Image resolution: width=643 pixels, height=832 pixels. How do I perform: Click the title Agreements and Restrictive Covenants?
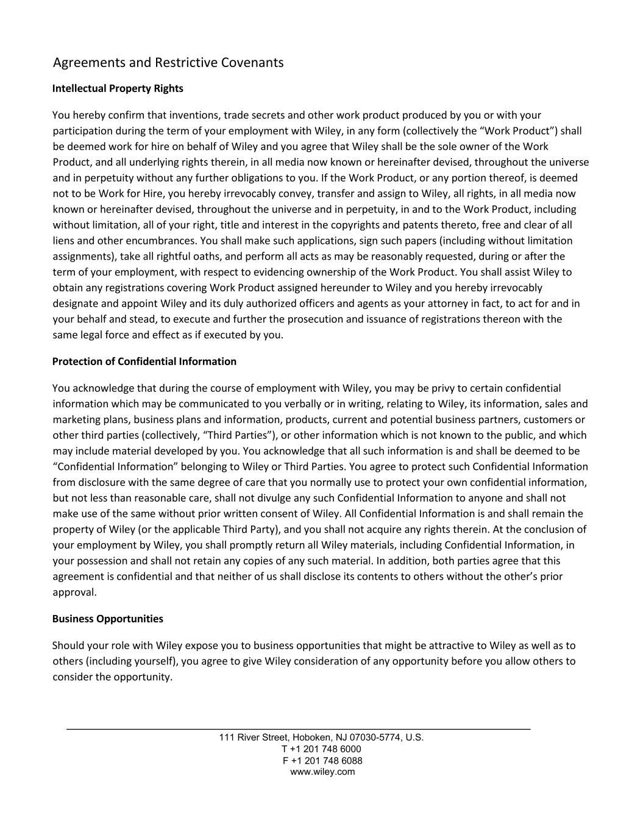(168, 63)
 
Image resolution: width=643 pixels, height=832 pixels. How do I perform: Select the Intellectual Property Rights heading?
(118, 88)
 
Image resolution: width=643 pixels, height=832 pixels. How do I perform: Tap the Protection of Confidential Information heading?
(144, 361)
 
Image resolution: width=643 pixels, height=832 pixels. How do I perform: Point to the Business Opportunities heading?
(108, 619)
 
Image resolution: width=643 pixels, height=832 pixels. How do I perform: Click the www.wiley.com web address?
(322, 772)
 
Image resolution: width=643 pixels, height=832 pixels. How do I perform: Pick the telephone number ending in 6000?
(321, 748)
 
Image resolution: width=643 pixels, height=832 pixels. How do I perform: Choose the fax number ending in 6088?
(322, 760)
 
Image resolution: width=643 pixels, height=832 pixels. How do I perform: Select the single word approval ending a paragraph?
(74, 592)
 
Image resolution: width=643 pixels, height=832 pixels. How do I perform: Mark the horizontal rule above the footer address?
(298, 729)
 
